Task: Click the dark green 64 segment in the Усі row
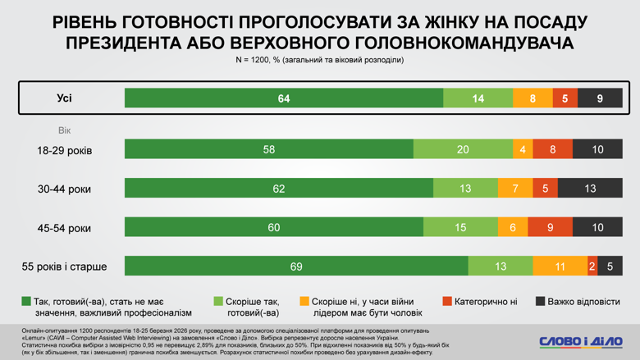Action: pos(284,98)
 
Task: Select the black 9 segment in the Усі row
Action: pos(600,98)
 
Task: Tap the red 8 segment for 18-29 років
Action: pos(553,149)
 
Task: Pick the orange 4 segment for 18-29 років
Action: pos(523,149)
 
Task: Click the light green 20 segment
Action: pos(463,149)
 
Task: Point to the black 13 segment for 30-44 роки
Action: pos(590,189)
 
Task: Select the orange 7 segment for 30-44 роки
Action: pos(514,189)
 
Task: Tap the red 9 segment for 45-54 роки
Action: pos(550,227)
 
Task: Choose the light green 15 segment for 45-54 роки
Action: pos(460,227)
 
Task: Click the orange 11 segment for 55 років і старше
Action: pos(559,266)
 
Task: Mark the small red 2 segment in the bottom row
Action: pos(592,266)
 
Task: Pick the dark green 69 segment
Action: pos(296,266)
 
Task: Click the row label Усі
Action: pos(65,98)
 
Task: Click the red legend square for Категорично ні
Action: pos(447,302)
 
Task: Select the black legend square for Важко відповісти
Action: pos(542,302)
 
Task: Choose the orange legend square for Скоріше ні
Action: pos(304,302)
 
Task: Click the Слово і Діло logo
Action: pos(581,341)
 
